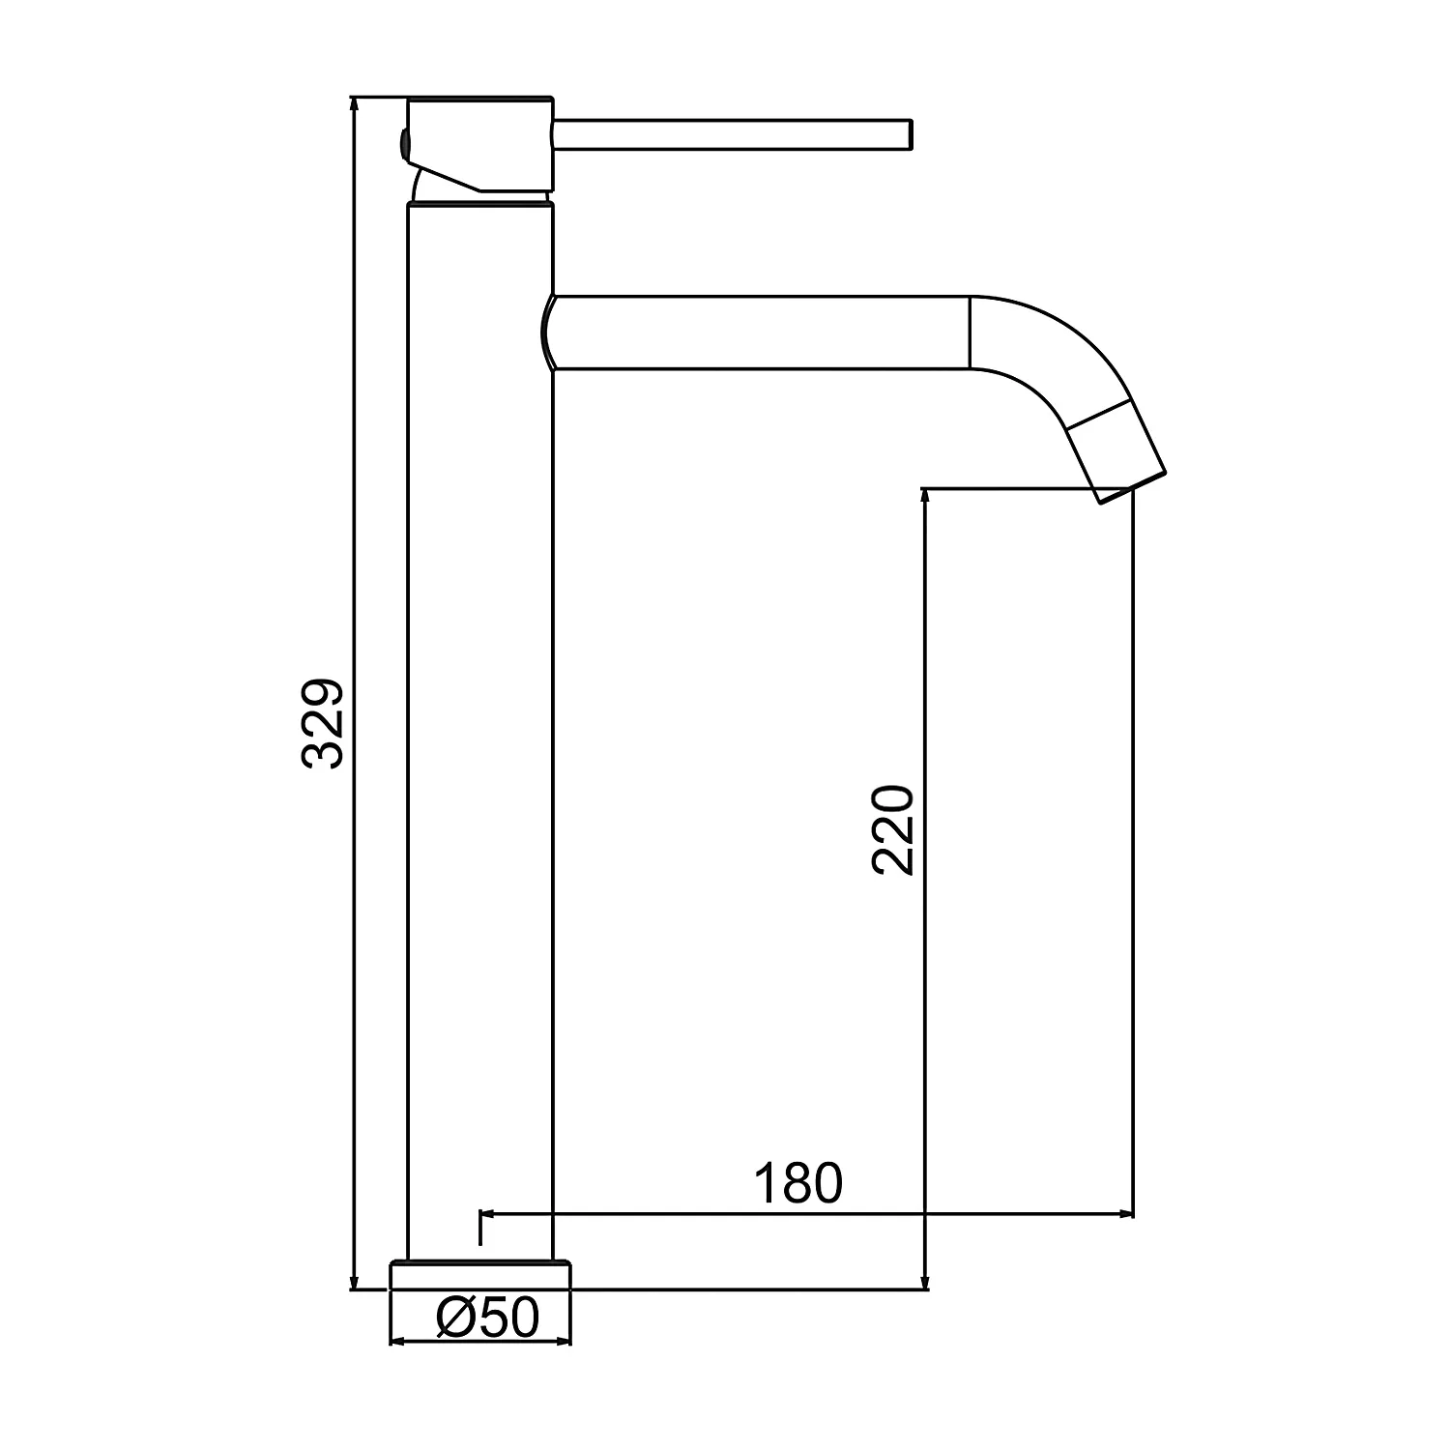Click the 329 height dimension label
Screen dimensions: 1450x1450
[323, 724]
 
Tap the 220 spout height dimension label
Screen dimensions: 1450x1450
[892, 830]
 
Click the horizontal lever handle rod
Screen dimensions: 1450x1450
[732, 134]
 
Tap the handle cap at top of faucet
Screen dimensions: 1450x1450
[480, 144]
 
